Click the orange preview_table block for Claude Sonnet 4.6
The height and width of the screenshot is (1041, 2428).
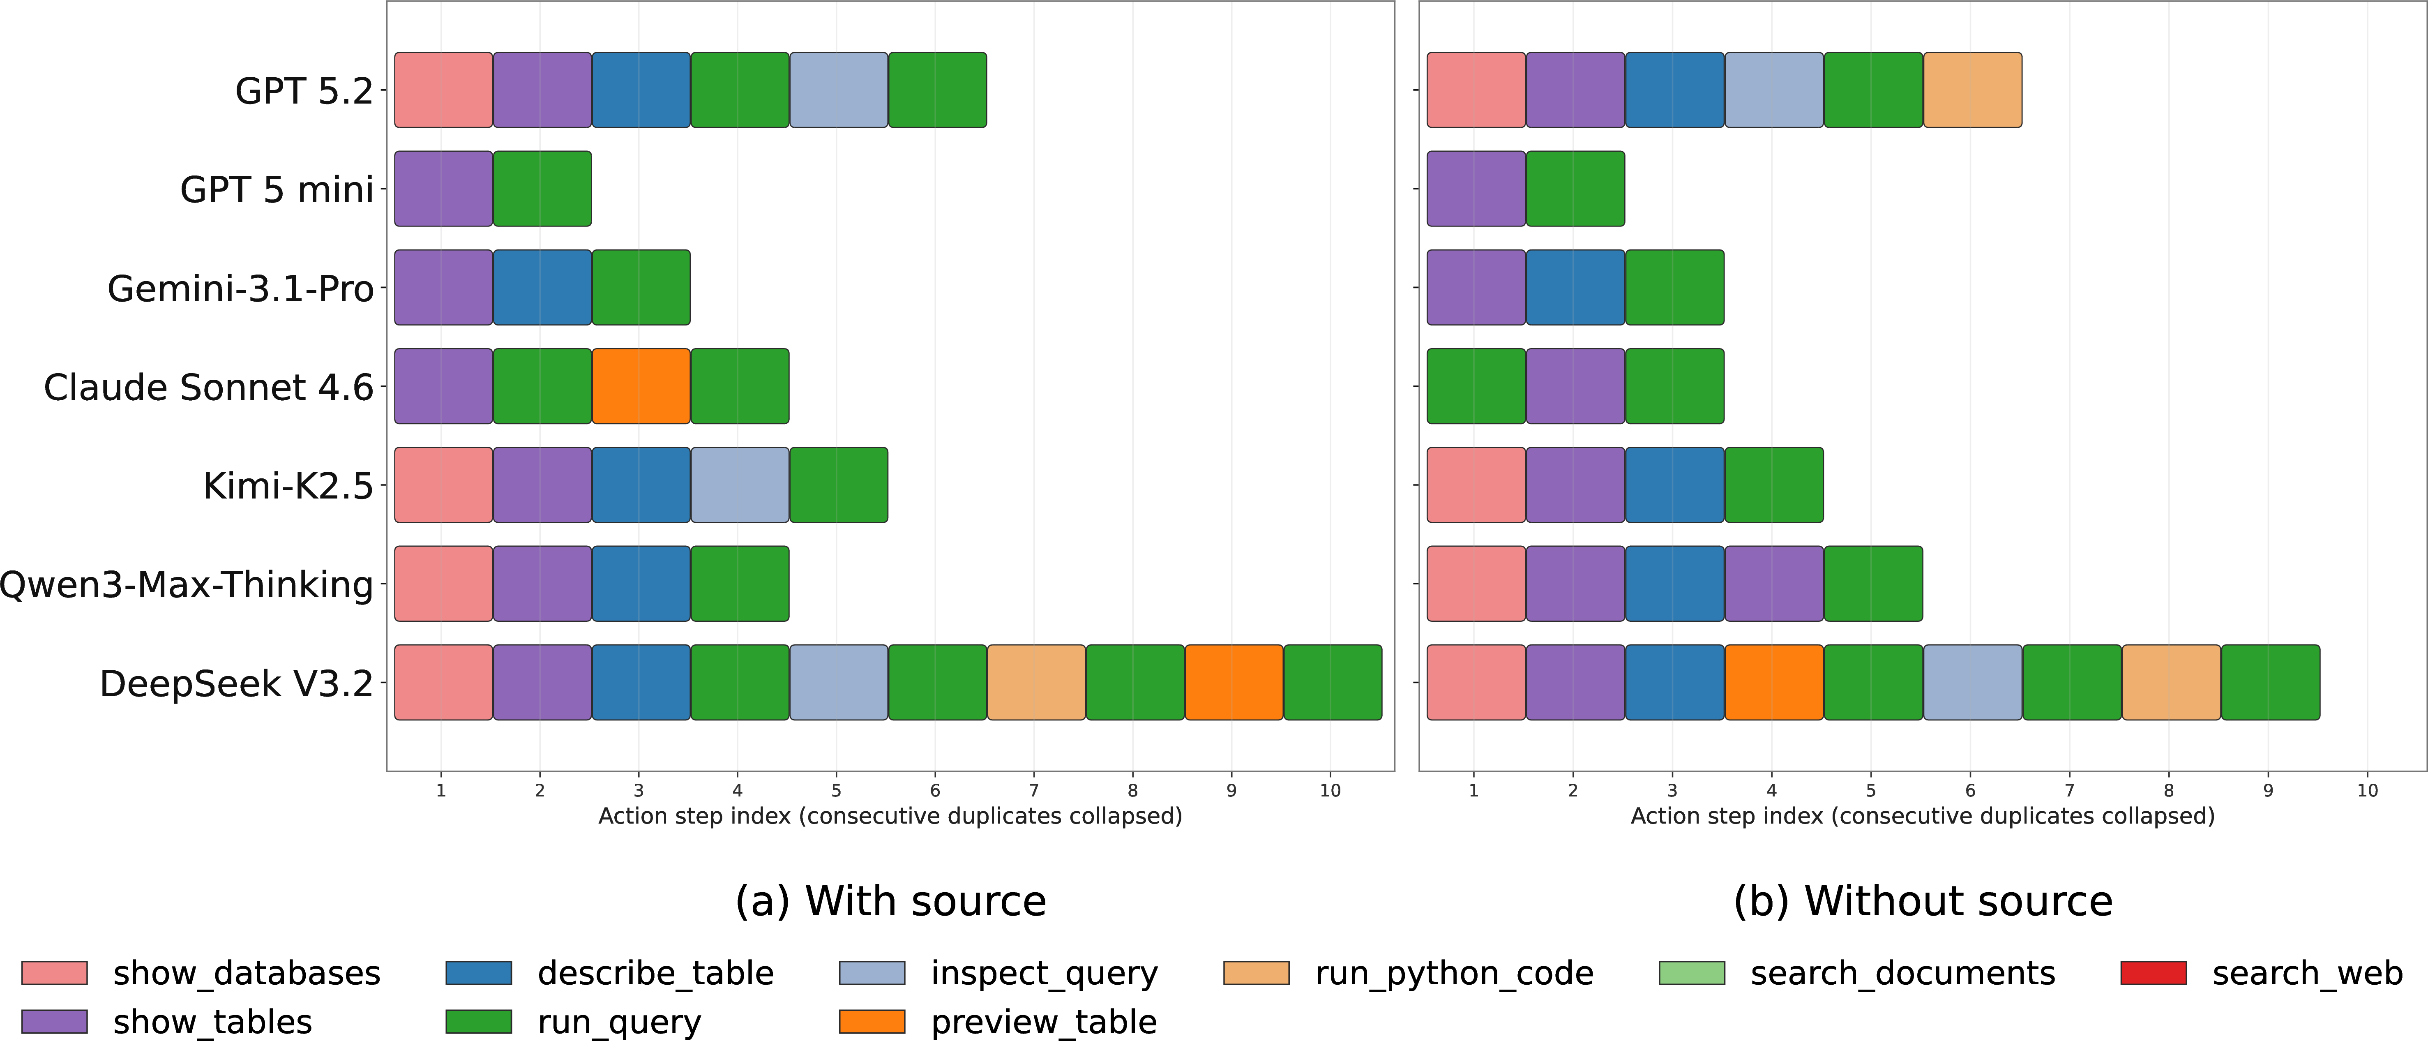641,385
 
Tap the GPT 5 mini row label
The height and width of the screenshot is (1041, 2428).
277,189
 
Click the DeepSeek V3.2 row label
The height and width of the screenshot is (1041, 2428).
237,683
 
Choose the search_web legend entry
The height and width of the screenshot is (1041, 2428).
2262,973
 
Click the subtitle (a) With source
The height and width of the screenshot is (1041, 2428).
891,901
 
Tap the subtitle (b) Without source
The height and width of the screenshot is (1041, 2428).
1923,901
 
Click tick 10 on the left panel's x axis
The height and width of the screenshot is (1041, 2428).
1330,790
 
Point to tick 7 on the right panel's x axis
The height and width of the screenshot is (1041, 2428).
2070,790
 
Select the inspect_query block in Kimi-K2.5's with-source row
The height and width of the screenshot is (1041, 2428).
740,485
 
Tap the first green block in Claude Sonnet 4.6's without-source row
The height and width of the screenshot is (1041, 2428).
1476,385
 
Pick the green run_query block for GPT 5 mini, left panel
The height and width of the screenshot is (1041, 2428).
542,189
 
